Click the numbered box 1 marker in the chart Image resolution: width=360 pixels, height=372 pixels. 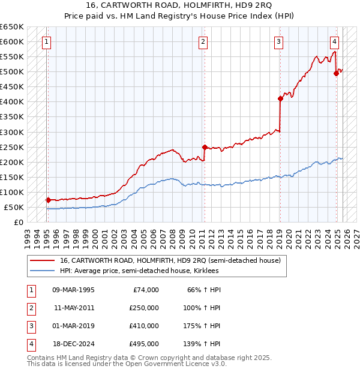pyautogui.click(x=47, y=42)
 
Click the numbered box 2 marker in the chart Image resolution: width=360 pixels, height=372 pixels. pyautogui.click(x=203, y=42)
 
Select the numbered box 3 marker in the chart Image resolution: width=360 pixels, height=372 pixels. pyautogui.click(x=279, y=42)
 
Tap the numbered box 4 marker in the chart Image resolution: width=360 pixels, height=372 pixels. pyautogui.click(x=334, y=42)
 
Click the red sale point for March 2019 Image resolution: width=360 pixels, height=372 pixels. pyautogui.click(x=280, y=98)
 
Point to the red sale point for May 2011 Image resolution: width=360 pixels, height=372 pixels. pyautogui.click(x=205, y=147)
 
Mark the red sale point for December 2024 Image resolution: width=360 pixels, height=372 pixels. pyautogui.click(x=336, y=73)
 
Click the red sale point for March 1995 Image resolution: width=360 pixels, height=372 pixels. pyautogui.click(x=48, y=200)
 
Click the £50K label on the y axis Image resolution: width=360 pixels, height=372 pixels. pyautogui.click(x=14, y=207)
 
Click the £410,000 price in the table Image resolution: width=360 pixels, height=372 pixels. pyautogui.click(x=144, y=326)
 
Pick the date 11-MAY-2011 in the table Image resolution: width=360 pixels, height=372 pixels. pyautogui.click(x=74, y=308)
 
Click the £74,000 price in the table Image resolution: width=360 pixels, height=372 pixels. pyautogui.click(x=146, y=290)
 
